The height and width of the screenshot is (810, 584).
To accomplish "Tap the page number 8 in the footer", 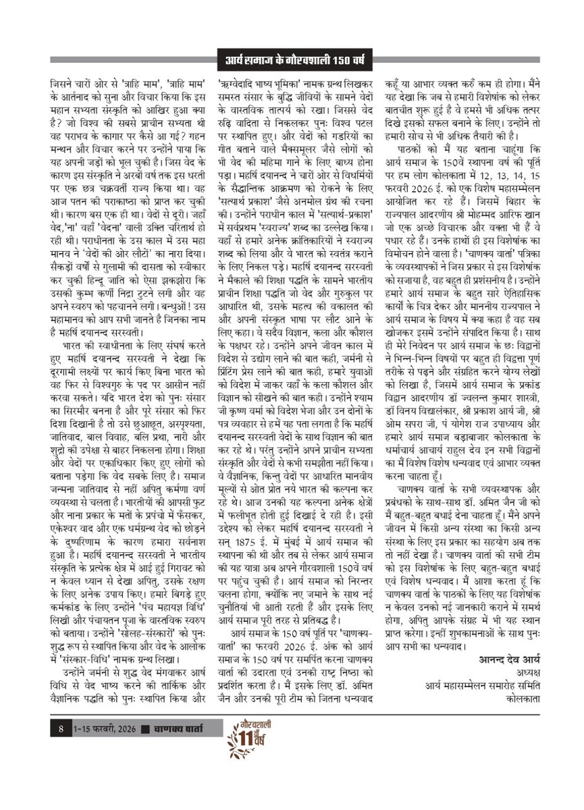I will click(61, 729).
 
